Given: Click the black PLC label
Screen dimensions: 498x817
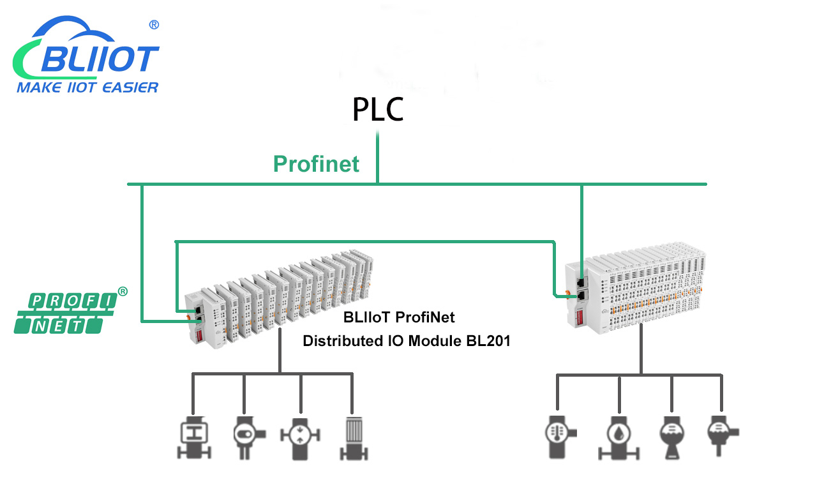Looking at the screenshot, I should [378, 110].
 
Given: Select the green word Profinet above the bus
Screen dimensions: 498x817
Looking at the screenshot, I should [316, 164].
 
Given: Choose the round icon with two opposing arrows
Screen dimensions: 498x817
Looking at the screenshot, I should [299, 437].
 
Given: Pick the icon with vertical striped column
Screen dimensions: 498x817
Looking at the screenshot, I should [353, 437].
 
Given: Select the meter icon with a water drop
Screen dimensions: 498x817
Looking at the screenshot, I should [618, 437].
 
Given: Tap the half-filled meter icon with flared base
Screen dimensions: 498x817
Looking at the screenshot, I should [671, 437].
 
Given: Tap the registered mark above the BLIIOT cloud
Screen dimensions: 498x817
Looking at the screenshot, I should [154, 25].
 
